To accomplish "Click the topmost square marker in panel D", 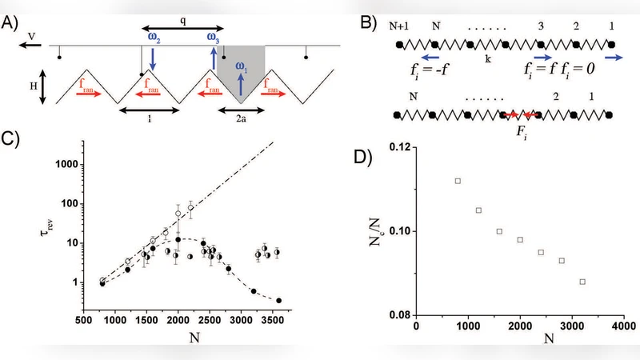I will coord(458,181).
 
